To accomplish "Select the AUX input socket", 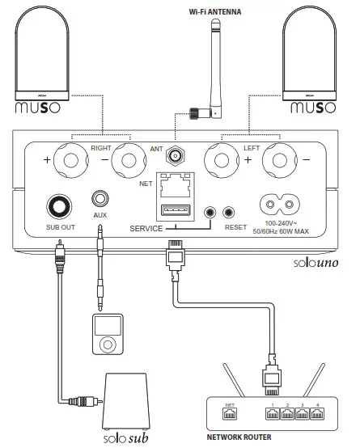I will (101, 199).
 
